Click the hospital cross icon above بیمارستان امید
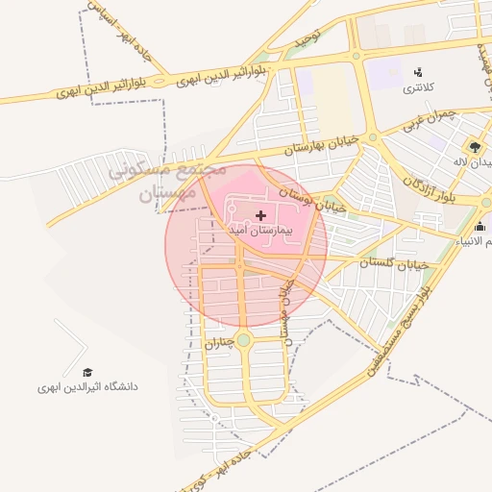(x=260, y=215)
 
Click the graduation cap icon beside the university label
(x=87, y=372)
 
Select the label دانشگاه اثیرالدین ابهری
(x=88, y=387)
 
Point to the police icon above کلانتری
(x=418, y=70)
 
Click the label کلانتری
(x=417, y=86)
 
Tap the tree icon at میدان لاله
(x=476, y=146)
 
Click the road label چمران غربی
(x=427, y=119)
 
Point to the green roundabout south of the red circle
(x=243, y=339)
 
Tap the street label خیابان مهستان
(x=285, y=307)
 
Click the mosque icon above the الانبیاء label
(x=480, y=227)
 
